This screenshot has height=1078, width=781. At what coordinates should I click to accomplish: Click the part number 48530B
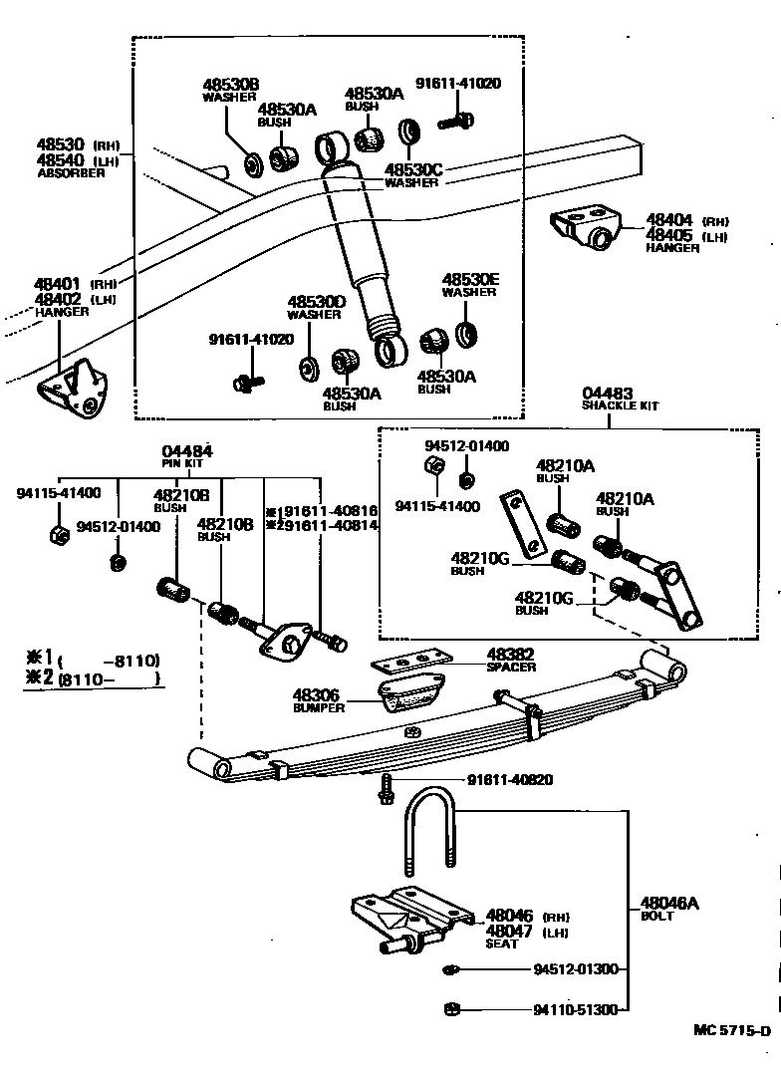click(231, 85)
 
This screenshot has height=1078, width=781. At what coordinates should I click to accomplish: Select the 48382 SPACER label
click(511, 660)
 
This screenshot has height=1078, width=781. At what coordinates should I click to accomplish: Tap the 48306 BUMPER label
click(319, 700)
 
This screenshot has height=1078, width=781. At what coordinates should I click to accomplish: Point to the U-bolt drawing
click(431, 832)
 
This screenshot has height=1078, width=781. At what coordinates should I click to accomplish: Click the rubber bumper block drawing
click(412, 692)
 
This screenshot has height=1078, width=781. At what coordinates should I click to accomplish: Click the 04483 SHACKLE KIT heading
click(620, 400)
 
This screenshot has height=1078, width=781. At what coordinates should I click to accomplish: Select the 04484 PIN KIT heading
click(187, 456)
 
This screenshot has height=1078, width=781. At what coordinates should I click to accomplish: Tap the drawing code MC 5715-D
click(732, 1030)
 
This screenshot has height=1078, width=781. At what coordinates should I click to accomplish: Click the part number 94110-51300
click(576, 1009)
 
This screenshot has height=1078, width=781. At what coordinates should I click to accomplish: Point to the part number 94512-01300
click(576, 969)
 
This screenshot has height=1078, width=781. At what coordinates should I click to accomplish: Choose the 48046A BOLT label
click(669, 909)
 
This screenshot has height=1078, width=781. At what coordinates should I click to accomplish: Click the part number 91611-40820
click(510, 780)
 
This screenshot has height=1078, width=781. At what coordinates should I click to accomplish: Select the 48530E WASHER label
click(470, 285)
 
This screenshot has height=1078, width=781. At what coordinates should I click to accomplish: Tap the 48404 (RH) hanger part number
click(686, 221)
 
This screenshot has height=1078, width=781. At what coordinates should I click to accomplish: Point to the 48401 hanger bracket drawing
click(74, 388)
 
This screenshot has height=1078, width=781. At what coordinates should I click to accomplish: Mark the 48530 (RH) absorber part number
click(78, 145)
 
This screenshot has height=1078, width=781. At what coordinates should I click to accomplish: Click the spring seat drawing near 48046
click(411, 920)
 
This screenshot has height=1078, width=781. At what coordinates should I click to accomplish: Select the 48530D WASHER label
click(316, 307)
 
